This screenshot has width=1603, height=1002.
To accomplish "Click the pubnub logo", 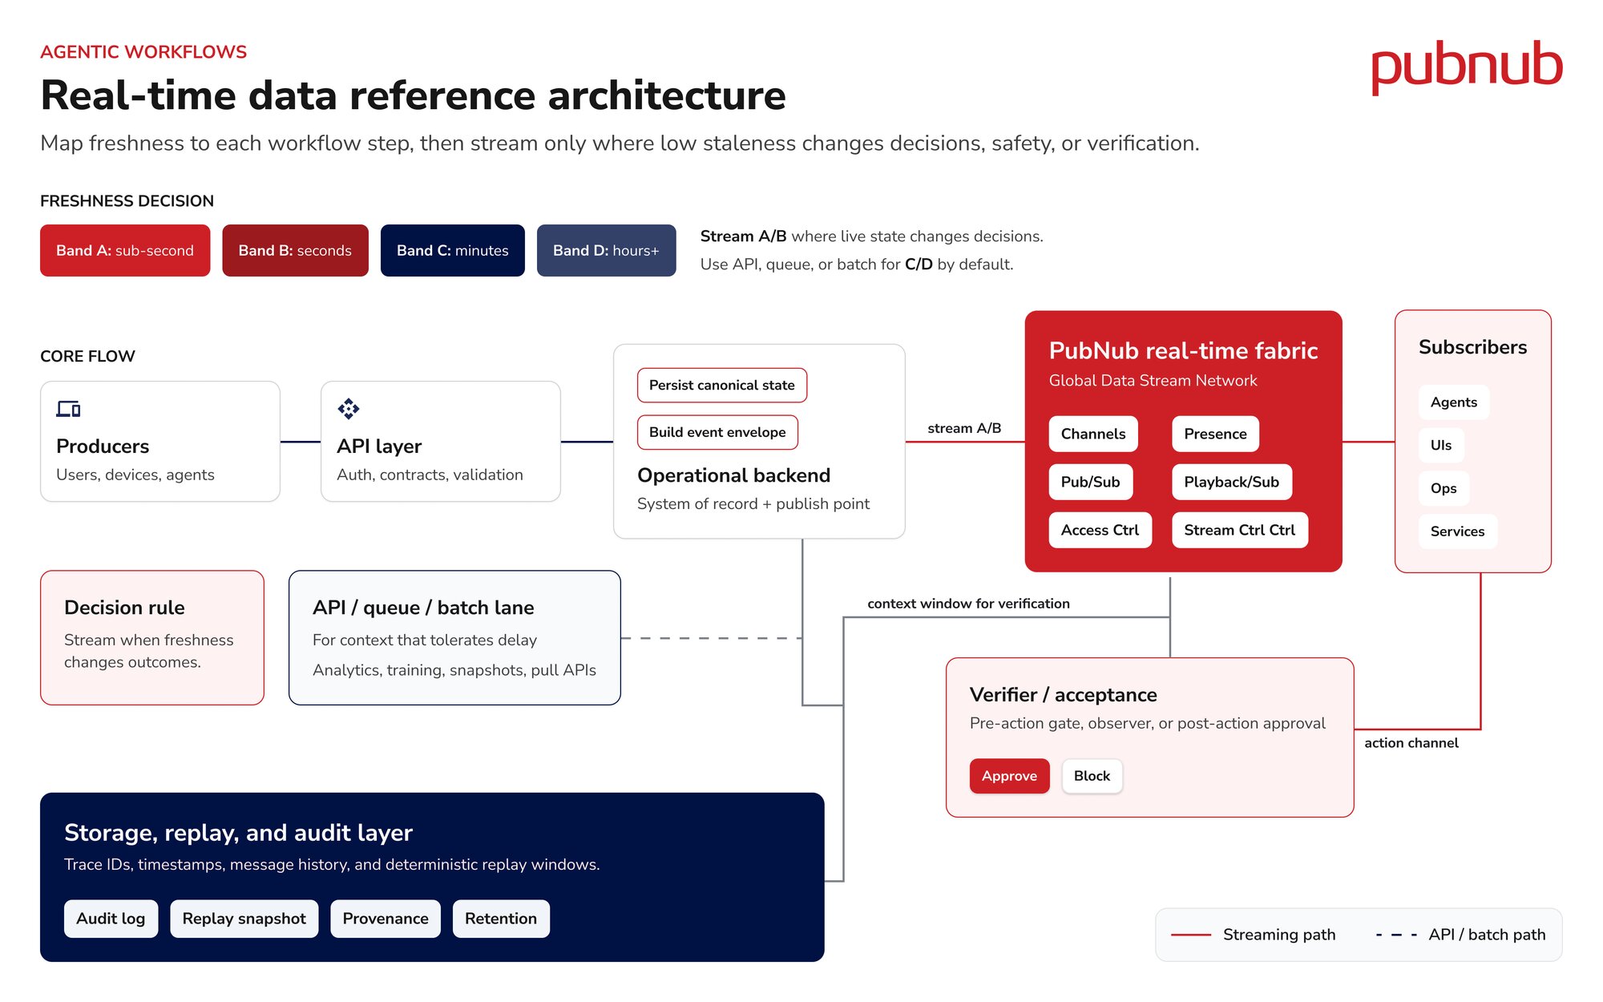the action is (x=1467, y=67).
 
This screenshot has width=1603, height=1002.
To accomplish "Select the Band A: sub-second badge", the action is (x=125, y=250).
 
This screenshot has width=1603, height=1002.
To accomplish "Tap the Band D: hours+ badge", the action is (x=606, y=250).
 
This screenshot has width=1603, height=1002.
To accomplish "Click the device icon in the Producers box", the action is (x=68, y=409).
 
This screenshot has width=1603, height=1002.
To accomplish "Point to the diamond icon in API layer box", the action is (x=349, y=409).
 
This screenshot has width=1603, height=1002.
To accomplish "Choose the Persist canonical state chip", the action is (x=722, y=385).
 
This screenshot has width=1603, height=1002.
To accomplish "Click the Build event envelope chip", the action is (x=717, y=432).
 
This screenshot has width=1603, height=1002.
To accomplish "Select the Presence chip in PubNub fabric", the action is (x=1215, y=434).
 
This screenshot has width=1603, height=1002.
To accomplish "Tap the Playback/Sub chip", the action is (x=1231, y=482).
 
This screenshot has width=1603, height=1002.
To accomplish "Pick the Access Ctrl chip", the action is (x=1100, y=530).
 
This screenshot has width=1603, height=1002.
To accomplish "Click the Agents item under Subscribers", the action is (x=1454, y=402).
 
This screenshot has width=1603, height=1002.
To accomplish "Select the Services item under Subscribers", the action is (x=1457, y=531).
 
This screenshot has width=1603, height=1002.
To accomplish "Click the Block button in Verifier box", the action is (x=1092, y=776).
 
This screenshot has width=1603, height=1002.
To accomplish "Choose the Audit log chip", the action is (x=111, y=919).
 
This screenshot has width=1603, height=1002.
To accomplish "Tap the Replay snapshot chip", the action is (x=244, y=919).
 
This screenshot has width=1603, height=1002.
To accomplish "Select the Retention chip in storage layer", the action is (x=501, y=919).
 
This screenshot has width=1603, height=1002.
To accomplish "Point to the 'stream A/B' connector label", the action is (x=964, y=428).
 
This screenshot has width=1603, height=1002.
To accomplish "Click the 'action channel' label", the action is (x=1411, y=743).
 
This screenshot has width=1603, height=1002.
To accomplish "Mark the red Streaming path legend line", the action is (x=1191, y=935).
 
